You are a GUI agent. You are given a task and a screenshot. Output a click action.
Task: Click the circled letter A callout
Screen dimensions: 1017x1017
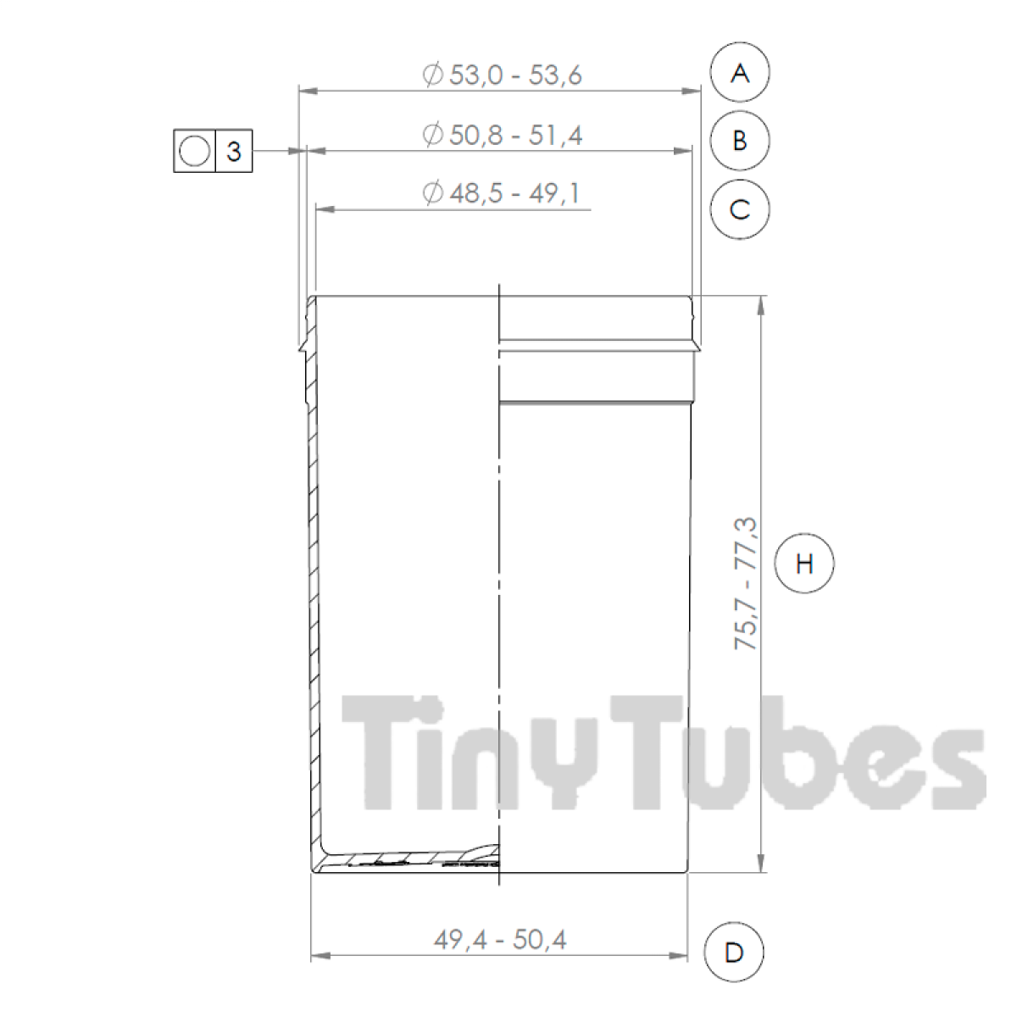pyautogui.click(x=740, y=73)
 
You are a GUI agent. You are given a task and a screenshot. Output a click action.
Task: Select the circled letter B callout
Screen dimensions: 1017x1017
pyautogui.click(x=740, y=141)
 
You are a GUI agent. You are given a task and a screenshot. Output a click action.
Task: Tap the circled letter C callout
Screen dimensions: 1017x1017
pyautogui.click(x=740, y=209)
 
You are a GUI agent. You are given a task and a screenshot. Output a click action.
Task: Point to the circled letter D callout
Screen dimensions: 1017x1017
pyautogui.click(x=734, y=953)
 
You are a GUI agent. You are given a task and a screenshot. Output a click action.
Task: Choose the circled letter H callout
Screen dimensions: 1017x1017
pyautogui.click(x=804, y=563)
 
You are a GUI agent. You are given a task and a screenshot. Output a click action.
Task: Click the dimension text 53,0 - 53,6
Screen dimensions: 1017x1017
pyautogui.click(x=515, y=75)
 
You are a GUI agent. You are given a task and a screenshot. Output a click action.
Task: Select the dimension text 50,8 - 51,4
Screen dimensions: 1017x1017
pyautogui.click(x=515, y=135)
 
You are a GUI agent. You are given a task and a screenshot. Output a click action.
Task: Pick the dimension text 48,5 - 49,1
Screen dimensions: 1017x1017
pyautogui.click(x=514, y=193)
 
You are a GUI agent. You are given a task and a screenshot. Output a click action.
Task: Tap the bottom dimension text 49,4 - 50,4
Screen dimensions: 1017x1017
pyautogui.click(x=499, y=939)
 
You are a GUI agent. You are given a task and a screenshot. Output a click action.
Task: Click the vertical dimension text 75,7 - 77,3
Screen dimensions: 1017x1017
pyautogui.click(x=747, y=584)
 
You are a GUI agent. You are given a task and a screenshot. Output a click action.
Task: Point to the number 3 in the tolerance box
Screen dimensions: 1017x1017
pyautogui.click(x=234, y=152)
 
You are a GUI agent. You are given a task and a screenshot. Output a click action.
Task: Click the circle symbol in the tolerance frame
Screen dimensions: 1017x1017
pyautogui.click(x=194, y=152)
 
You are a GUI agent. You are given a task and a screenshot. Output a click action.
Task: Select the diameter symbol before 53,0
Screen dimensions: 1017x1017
pyautogui.click(x=432, y=75)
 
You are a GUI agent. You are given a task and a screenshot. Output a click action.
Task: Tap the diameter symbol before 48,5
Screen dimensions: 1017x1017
pyautogui.click(x=432, y=193)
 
